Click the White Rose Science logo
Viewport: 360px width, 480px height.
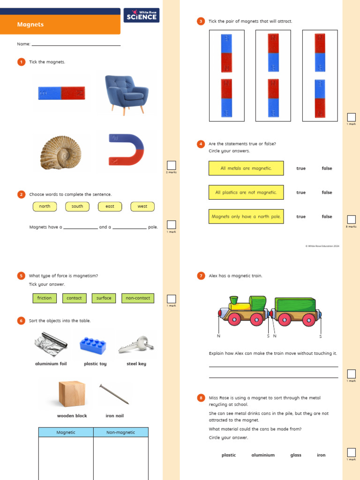pyautogui.click(x=141, y=15)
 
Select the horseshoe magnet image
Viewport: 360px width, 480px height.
pyautogui.click(x=127, y=149)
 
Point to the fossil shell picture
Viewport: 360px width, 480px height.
pyautogui.click(x=60, y=152)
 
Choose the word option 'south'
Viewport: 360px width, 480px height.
pyautogui.click(x=77, y=206)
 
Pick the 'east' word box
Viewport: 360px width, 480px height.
pyautogui.click(x=110, y=206)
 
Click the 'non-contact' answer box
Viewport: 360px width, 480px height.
pyautogui.click(x=137, y=298)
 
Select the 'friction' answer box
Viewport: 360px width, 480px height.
pyautogui.click(x=45, y=298)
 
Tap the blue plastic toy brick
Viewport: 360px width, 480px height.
pyautogui.click(x=93, y=345)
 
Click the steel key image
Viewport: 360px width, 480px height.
pyautogui.click(x=136, y=345)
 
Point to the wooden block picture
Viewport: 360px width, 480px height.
pyautogui.click(x=72, y=394)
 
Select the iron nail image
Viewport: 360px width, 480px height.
pyautogui.click(x=114, y=394)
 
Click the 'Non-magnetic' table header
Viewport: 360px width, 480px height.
pyautogui.click(x=121, y=432)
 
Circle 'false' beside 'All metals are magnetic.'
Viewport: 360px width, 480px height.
pyautogui.click(x=327, y=168)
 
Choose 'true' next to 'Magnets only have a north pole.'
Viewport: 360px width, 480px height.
pyautogui.click(x=301, y=217)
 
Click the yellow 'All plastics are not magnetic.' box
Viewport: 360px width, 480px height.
pyautogui.click(x=246, y=192)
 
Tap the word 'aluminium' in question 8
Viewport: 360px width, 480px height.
pyautogui.click(x=263, y=455)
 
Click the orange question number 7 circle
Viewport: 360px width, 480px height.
pyautogui.click(x=201, y=276)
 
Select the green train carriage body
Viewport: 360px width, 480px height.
pyautogui.click(x=295, y=305)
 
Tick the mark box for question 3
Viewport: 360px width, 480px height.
pyautogui.click(x=351, y=117)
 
